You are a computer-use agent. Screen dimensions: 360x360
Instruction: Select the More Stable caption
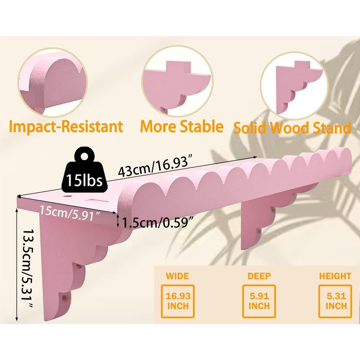[181, 126]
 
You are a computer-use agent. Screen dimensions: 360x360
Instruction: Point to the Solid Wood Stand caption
[292, 128]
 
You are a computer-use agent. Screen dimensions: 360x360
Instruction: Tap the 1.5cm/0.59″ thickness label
[158, 221]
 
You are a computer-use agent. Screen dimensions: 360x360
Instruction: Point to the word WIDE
[177, 276]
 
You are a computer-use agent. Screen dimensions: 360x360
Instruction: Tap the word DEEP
[259, 276]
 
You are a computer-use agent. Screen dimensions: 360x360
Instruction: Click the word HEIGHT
[335, 276]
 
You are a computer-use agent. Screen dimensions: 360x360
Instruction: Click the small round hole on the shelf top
[67, 197]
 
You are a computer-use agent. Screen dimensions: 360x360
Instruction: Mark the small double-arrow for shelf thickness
[118, 221]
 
